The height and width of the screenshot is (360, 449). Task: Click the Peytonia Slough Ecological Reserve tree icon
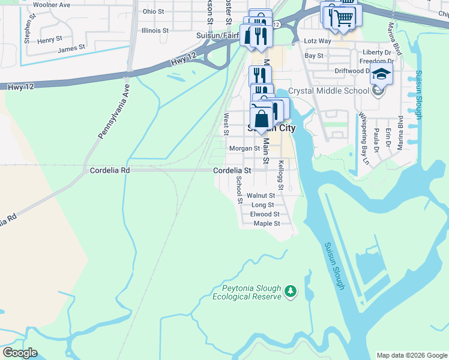pyautogui.click(x=291, y=291)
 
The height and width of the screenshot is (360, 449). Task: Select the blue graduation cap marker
pyautogui.click(x=381, y=74)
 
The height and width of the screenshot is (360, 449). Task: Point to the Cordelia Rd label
pyautogui.click(x=110, y=170)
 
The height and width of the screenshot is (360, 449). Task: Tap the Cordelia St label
pyautogui.click(x=232, y=170)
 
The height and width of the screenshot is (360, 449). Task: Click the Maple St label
pyautogui.click(x=267, y=224)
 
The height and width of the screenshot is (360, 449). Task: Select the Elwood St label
pyautogui.click(x=265, y=214)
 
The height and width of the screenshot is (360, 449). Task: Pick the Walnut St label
pyautogui.click(x=261, y=196)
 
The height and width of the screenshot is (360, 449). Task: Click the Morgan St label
pyautogui.click(x=244, y=148)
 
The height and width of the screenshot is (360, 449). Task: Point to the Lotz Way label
pyautogui.click(x=318, y=41)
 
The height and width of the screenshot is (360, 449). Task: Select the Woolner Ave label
pyautogui.click(x=52, y=5)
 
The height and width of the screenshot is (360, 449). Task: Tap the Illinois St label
pyautogui.click(x=155, y=30)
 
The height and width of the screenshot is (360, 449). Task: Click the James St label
pyautogui.click(x=71, y=47)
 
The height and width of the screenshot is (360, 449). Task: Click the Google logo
pyautogui.click(x=20, y=353)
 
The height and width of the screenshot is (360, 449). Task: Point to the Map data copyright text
pyautogui.click(x=411, y=355)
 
